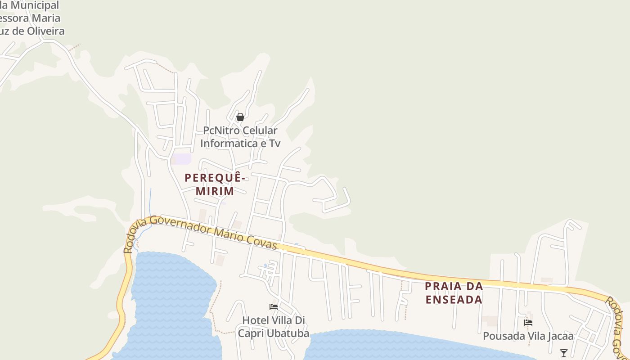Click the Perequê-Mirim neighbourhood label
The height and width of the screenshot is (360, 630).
pos(215,184)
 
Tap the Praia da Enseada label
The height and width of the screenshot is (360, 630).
pos(454,292)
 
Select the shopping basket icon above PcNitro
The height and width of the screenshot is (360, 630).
pos(240,117)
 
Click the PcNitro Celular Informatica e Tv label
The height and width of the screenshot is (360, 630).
pos(240,137)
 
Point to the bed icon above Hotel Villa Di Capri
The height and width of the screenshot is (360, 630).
pos(273,307)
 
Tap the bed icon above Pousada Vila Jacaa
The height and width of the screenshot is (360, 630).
pos(528,323)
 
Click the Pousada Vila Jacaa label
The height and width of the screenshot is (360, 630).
pos(528,336)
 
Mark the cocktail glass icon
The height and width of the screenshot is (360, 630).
pos(563,353)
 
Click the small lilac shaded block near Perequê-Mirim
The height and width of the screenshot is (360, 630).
pos(183,159)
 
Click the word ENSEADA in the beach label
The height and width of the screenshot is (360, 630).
pos(454,299)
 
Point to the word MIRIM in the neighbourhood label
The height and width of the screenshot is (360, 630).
pos(215,191)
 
